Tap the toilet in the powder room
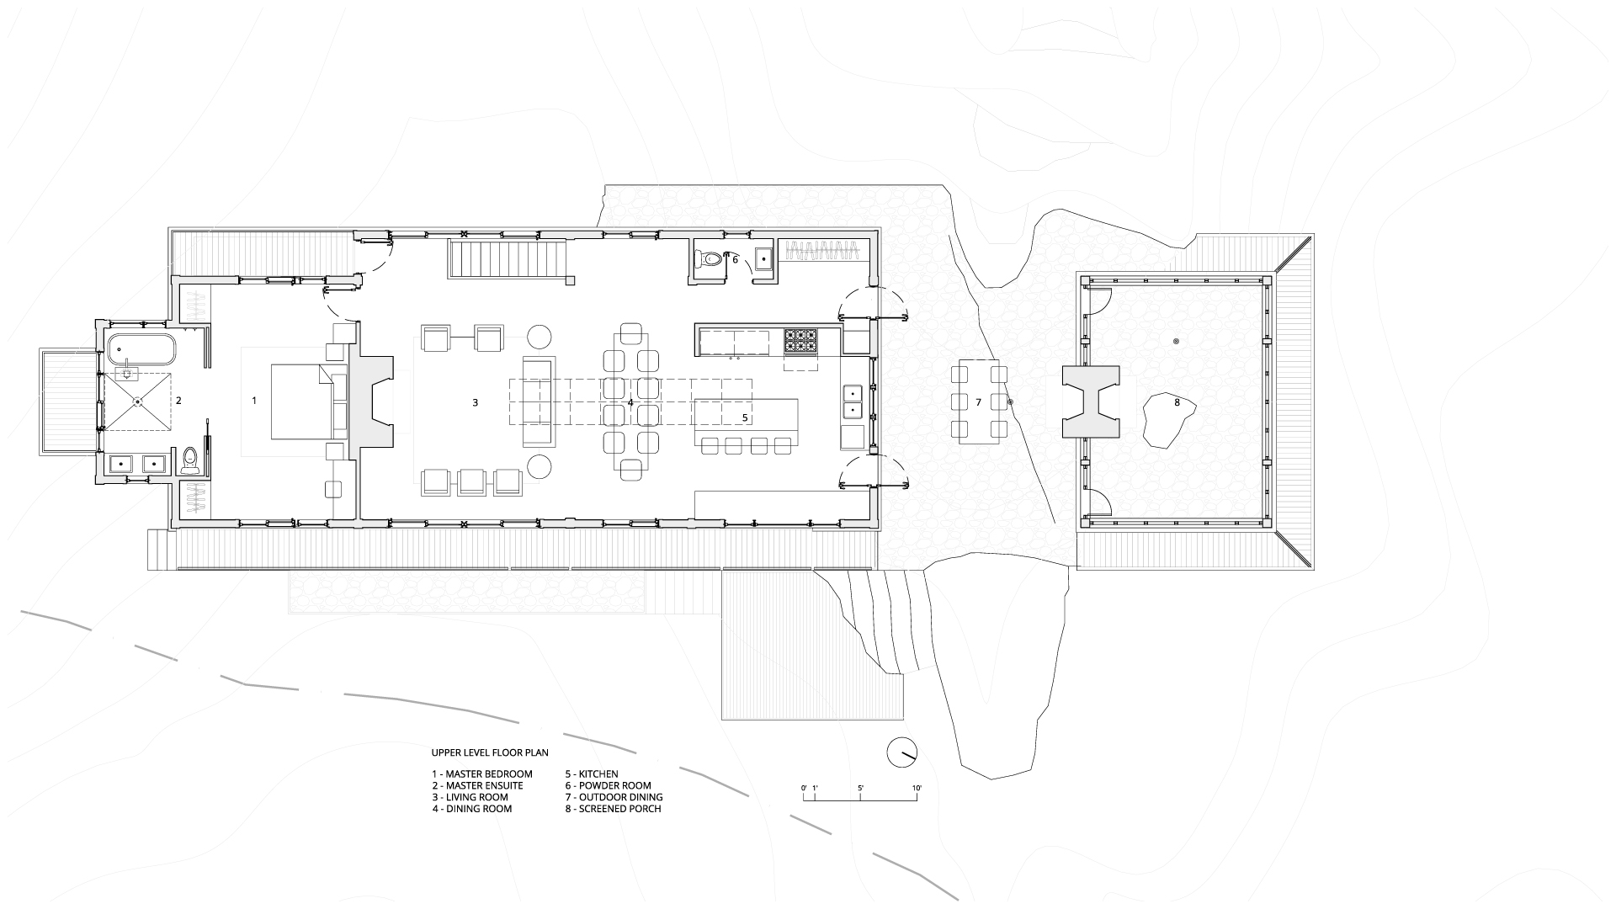tap(709, 260)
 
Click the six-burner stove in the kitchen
tap(800, 340)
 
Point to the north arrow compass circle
tap(901, 752)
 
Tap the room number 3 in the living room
tap(475, 403)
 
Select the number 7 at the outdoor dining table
tap(979, 403)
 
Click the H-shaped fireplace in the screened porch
tap(1091, 401)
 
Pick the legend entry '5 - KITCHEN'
tap(592, 774)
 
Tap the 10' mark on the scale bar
tap(917, 788)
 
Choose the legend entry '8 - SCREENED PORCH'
tap(614, 809)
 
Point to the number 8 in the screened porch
tap(1177, 403)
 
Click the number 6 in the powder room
tap(735, 260)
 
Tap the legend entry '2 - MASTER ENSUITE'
tap(477, 786)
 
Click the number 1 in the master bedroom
tap(254, 401)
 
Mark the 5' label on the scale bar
tap(860, 788)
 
